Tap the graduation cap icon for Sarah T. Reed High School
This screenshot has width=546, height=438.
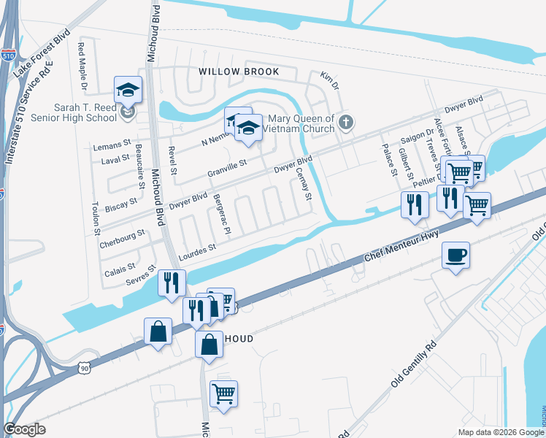[128, 91]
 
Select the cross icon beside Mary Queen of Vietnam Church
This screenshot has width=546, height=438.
[347, 123]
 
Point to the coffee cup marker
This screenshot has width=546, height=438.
[455, 255]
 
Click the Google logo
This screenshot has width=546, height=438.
[24, 429]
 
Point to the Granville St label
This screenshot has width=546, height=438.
[227, 172]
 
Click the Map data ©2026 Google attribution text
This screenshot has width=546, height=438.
[501, 432]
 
